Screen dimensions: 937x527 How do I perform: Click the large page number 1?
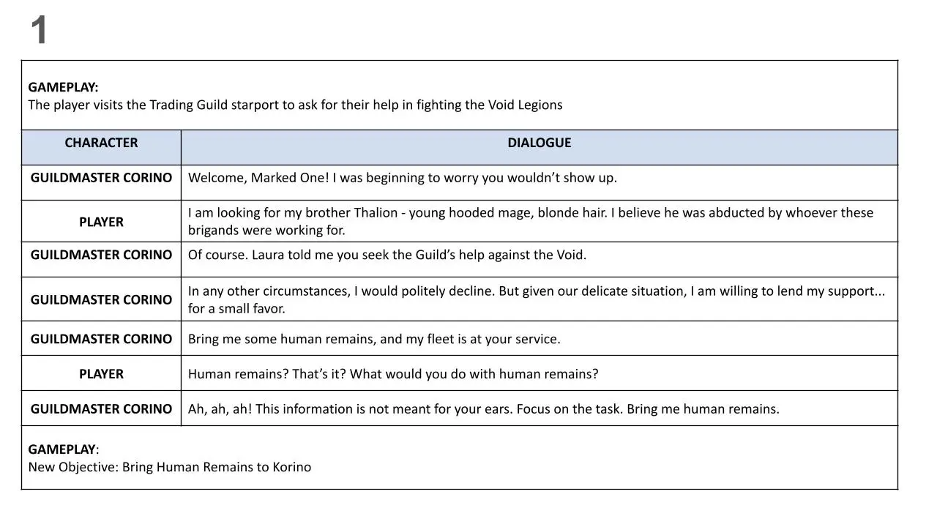click(x=39, y=31)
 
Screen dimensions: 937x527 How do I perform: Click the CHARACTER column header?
click(x=101, y=143)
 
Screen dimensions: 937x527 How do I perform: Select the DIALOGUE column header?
click(x=539, y=143)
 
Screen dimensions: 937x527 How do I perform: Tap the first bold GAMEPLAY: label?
click(x=63, y=87)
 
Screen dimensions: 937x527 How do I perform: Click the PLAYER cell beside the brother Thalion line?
click(x=101, y=222)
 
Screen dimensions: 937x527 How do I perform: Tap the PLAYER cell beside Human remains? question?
click(x=101, y=374)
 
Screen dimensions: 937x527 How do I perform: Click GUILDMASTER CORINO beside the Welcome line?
click(x=101, y=178)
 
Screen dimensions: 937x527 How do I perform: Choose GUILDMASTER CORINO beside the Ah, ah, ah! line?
click(x=101, y=409)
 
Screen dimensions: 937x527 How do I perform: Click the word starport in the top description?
click(x=255, y=105)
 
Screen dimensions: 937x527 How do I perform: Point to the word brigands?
click(x=213, y=231)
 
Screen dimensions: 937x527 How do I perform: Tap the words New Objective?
click(x=73, y=467)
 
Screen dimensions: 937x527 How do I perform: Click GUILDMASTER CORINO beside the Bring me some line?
click(x=101, y=339)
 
